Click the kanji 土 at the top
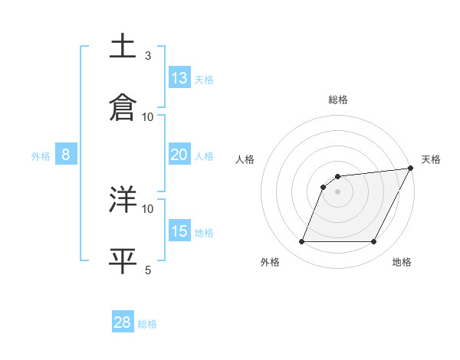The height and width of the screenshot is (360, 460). click(123, 47)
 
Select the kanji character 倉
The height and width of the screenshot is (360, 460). click(123, 106)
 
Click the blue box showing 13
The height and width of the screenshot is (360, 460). click(179, 78)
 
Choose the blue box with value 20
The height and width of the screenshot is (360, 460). click(179, 154)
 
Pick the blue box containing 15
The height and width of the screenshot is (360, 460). click(179, 231)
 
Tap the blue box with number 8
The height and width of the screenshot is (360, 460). click(66, 155)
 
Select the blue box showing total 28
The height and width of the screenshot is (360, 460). click(123, 322)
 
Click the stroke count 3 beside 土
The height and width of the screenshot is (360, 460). click(148, 55)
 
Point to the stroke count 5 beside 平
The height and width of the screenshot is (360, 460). click(148, 270)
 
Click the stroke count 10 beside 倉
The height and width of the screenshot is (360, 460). click(148, 116)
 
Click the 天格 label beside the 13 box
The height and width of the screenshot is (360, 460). click(204, 79)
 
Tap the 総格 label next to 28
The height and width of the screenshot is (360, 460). click(147, 323)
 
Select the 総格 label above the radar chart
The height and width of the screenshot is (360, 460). click(337, 100)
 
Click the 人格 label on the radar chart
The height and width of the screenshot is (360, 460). click(245, 159)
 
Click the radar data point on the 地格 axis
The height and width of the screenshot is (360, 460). click(374, 242)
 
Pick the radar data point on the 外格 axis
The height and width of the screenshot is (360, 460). click(301, 242)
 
